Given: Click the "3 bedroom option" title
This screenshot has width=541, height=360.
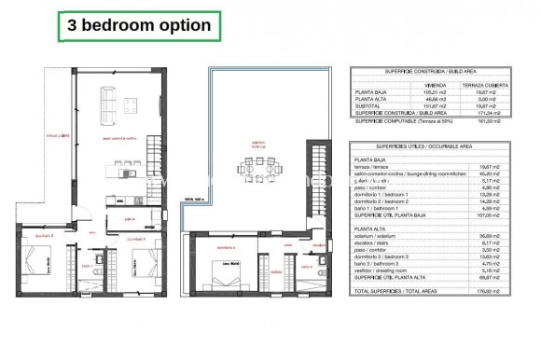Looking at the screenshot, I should click(x=137, y=26).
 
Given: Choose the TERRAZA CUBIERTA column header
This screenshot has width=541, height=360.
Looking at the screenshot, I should click(x=496, y=82).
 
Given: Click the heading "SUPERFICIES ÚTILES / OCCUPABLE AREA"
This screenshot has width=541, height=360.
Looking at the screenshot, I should click(x=438, y=146).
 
